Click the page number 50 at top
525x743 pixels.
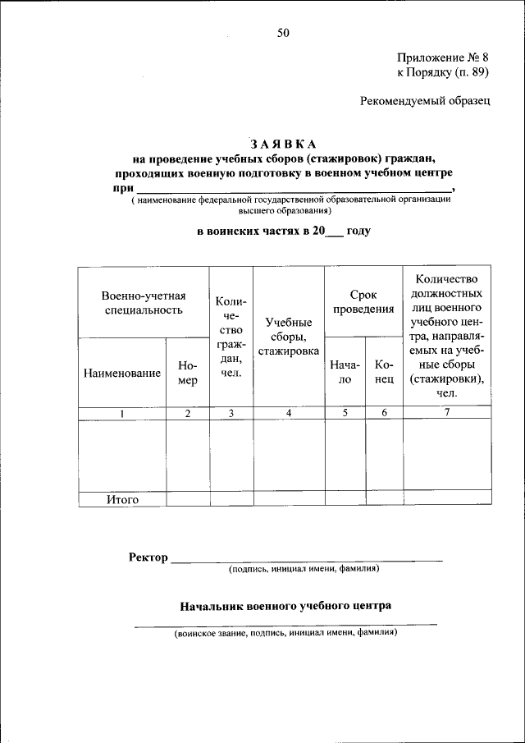(284, 33)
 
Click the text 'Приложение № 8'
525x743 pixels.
(443, 57)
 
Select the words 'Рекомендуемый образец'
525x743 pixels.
(425, 101)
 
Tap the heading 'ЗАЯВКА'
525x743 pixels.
(284, 144)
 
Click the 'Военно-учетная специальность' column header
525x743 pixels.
(144, 303)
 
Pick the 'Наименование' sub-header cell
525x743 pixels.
(121, 373)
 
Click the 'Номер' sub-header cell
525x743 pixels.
(187, 373)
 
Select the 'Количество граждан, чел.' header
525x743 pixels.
(231, 337)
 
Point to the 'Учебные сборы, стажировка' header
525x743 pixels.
(289, 337)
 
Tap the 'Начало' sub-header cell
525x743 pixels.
(345, 372)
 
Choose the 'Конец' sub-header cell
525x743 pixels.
(383, 372)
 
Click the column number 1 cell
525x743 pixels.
(121, 414)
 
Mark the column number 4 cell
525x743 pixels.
(289, 414)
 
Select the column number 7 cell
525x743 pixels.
(447, 413)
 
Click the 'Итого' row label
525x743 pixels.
(122, 499)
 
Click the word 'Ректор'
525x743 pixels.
(148, 557)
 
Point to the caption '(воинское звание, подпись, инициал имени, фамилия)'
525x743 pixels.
(285, 634)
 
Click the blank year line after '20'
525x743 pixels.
(335, 233)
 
